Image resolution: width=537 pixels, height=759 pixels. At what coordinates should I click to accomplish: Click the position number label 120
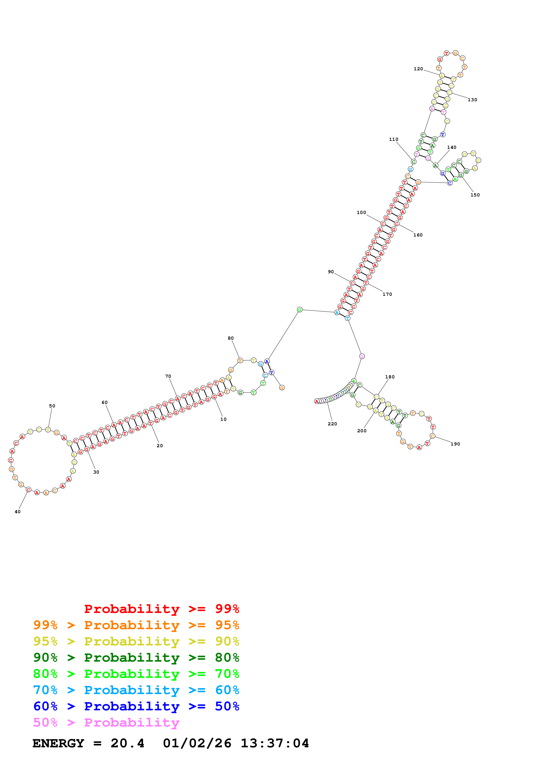point(418,69)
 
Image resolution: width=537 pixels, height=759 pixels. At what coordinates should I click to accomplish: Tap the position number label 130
point(472,100)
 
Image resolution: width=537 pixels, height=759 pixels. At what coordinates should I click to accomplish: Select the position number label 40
point(18,512)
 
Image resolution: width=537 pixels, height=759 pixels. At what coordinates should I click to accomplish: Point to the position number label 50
point(52,406)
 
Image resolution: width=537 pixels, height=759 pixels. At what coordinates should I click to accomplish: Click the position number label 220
point(332,424)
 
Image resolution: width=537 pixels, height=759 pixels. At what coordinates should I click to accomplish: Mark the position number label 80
point(231,338)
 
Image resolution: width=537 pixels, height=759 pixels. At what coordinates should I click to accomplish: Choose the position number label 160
point(418,235)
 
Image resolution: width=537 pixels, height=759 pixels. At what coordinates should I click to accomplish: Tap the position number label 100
point(361,212)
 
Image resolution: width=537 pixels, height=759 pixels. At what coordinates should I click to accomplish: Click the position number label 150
point(475,195)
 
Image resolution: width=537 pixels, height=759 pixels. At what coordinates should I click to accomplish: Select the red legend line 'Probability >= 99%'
point(161,609)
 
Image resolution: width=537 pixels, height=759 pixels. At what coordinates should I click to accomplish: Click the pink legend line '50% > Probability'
point(106,723)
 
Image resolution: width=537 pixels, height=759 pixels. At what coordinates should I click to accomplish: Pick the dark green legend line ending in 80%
point(136,658)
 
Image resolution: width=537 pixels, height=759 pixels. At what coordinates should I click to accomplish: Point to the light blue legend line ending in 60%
point(136,690)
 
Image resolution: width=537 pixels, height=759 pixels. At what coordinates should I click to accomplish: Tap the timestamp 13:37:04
point(275,743)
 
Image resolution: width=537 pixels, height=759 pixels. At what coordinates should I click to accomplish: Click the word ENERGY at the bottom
point(58,743)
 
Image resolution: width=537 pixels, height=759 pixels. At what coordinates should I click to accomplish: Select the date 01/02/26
point(197,743)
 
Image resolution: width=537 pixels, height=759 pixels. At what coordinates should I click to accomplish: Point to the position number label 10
point(223,419)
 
